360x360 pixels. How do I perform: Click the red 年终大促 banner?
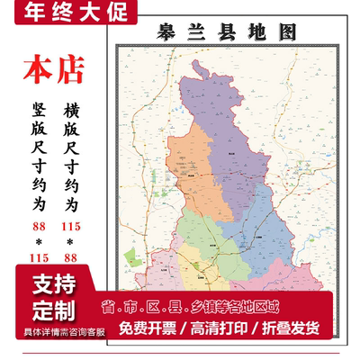[x=69, y=13]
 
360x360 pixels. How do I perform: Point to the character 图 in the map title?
[x=285, y=32]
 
